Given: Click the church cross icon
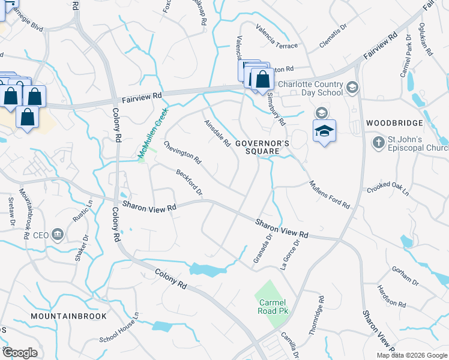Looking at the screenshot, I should pyautogui.click(x=378, y=143).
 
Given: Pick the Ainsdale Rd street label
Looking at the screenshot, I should pyautogui.click(x=217, y=133).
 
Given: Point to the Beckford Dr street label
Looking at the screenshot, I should pyautogui.click(x=189, y=182).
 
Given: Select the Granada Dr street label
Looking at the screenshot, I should pyautogui.click(x=262, y=245).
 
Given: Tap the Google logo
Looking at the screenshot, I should pyautogui.click(x=20, y=352).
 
